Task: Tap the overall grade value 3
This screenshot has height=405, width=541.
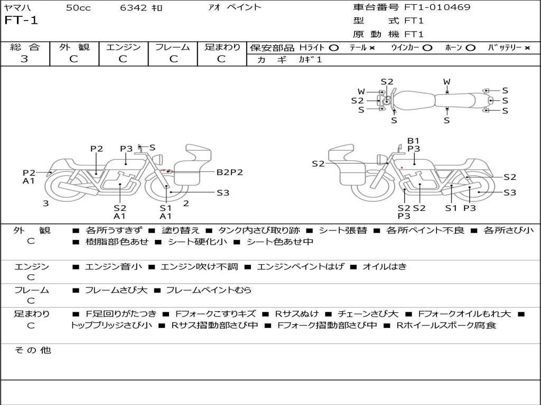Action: [x=24, y=59]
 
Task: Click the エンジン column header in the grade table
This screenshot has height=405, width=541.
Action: [x=123, y=47]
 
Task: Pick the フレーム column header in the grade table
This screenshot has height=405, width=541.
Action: [x=172, y=47]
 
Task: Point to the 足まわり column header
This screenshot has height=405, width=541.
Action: [x=222, y=47]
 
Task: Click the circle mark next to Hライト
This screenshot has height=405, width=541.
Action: [x=333, y=48]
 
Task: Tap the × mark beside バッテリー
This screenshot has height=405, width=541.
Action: [x=527, y=48]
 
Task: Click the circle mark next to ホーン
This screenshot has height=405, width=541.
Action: [x=470, y=48]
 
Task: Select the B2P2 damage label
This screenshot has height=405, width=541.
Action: [x=230, y=172]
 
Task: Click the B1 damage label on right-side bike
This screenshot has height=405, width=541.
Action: [x=413, y=141]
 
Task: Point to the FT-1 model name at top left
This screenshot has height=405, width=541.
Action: [x=21, y=21]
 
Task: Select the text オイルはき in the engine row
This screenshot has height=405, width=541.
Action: [x=384, y=267]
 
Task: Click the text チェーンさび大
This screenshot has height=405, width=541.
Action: [x=368, y=314]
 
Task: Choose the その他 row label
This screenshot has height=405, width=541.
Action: [x=32, y=350]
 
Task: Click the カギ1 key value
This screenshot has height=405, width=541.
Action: [x=310, y=60]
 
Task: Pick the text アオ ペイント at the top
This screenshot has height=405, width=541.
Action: [x=235, y=7]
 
